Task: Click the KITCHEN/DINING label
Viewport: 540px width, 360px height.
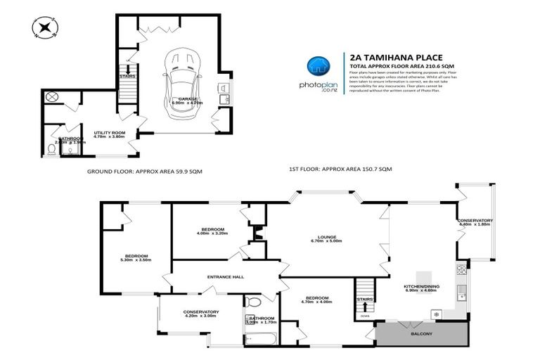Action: tap(420, 288)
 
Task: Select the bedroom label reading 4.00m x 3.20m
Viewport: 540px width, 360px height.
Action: tap(212, 232)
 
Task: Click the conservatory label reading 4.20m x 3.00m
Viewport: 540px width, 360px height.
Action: tap(201, 314)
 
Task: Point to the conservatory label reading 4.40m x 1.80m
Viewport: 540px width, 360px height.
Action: tap(475, 223)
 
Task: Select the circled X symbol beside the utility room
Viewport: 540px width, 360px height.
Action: tap(51, 98)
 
